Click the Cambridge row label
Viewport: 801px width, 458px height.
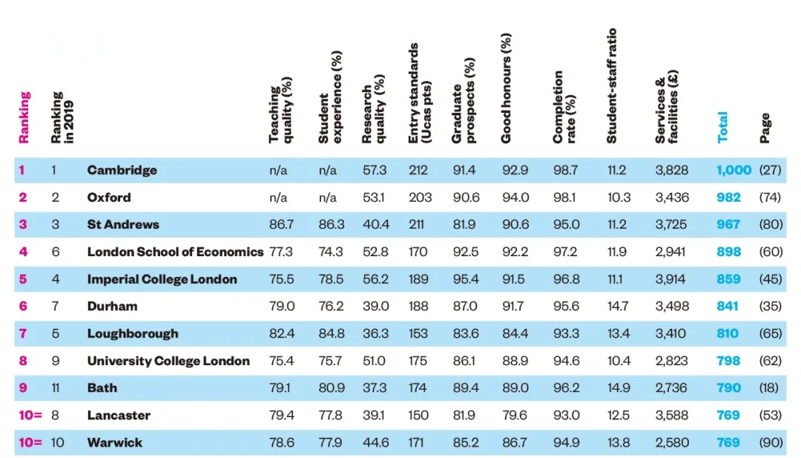pyautogui.click(x=122, y=170)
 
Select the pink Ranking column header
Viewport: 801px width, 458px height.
pyautogui.click(x=24, y=117)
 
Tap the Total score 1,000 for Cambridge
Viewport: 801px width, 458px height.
pyautogui.click(x=734, y=170)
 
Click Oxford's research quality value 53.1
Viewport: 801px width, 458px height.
pyautogui.click(x=374, y=197)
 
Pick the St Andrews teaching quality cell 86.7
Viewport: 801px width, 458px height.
pyautogui.click(x=281, y=224)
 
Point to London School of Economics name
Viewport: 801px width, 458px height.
pyautogui.click(x=175, y=252)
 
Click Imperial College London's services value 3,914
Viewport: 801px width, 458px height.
pyautogui.click(x=672, y=279)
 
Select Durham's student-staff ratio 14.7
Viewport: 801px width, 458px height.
pyautogui.click(x=617, y=306)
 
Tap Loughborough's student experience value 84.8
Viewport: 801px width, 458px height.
pyautogui.click(x=331, y=333)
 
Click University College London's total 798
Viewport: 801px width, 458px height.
pyautogui.click(x=728, y=361)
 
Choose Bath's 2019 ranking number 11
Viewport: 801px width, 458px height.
pyautogui.click(x=57, y=387)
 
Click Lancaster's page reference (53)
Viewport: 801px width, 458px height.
pyautogui.click(x=771, y=415)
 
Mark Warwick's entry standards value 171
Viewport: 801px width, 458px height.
pyautogui.click(x=418, y=442)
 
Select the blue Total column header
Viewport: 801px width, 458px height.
pyautogui.click(x=723, y=127)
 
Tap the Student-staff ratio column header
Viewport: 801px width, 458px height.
pyautogui.click(x=612, y=85)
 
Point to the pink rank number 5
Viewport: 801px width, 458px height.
pyautogui.click(x=23, y=279)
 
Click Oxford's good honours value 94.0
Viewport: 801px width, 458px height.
pyautogui.click(x=514, y=197)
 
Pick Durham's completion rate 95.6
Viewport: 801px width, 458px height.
pyautogui.click(x=566, y=306)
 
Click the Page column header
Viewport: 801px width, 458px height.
pyautogui.click(x=765, y=128)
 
